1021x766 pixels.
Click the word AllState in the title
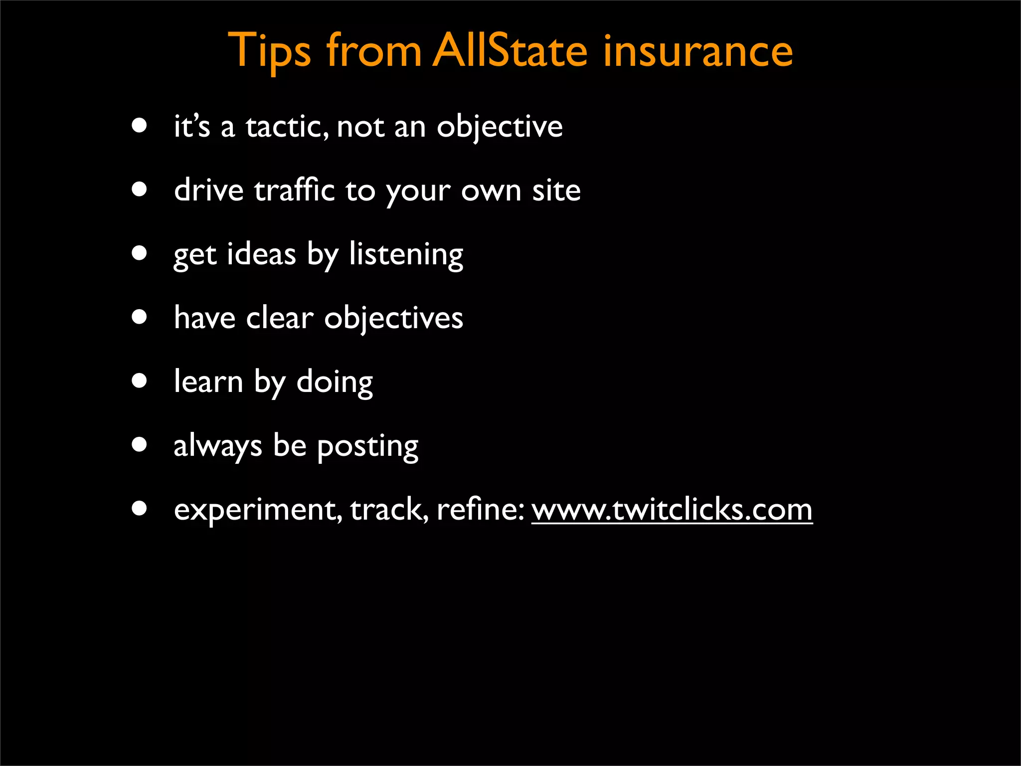click(x=510, y=51)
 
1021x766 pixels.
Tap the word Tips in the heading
click(x=269, y=52)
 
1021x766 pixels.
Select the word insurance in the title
click(x=697, y=51)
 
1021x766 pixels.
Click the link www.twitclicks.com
click(x=672, y=510)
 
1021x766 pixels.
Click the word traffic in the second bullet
click(x=294, y=191)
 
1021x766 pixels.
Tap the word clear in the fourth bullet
click(x=280, y=318)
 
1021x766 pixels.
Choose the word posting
click(x=367, y=446)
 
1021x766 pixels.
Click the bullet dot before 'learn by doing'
click(x=140, y=381)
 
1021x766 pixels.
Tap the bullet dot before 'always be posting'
click(x=140, y=444)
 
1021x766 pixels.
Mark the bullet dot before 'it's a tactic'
click(x=140, y=125)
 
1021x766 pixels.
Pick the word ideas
click(x=261, y=254)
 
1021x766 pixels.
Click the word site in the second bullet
click(x=556, y=191)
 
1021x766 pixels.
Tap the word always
click(x=217, y=446)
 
